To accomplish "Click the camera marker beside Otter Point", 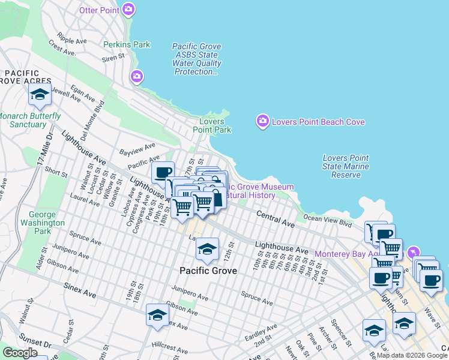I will pyautogui.click(x=128, y=10).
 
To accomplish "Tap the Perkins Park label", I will pyautogui.click(x=127, y=44).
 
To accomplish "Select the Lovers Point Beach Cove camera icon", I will pyautogui.click(x=262, y=122).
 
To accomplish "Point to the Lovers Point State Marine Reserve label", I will pyautogui.click(x=346, y=166).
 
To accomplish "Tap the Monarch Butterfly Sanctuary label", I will pyautogui.click(x=29, y=120).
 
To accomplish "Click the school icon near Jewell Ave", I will pyautogui.click(x=40, y=95).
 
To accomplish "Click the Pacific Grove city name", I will pyautogui.click(x=208, y=271).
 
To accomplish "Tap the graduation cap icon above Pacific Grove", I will pyautogui.click(x=208, y=249).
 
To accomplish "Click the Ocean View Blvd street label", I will pyautogui.click(x=328, y=220).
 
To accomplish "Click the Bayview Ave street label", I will pyautogui.click(x=137, y=148).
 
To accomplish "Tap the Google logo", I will pyautogui.click(x=19, y=353).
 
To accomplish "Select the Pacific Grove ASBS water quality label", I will pyautogui.click(x=197, y=59).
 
